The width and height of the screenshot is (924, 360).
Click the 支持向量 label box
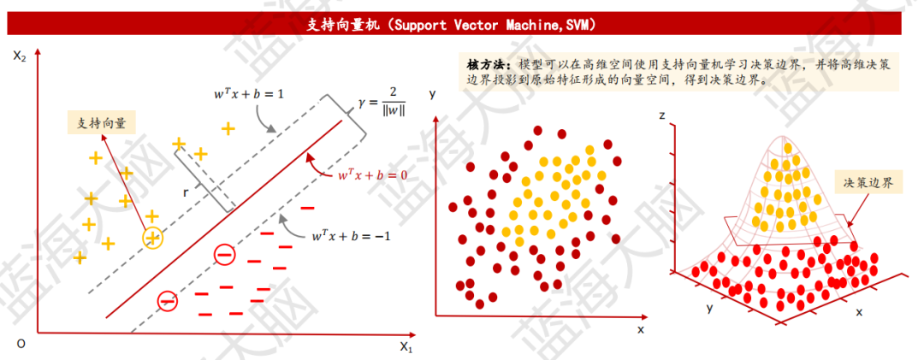102,123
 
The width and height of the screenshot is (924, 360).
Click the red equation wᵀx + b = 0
371,174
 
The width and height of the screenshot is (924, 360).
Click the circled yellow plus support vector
152,238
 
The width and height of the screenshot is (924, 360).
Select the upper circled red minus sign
223,254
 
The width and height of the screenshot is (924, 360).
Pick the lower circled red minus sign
167,300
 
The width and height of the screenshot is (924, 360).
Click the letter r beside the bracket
186,192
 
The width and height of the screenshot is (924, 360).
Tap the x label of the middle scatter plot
640,328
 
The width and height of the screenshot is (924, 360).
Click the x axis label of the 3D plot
858,311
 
